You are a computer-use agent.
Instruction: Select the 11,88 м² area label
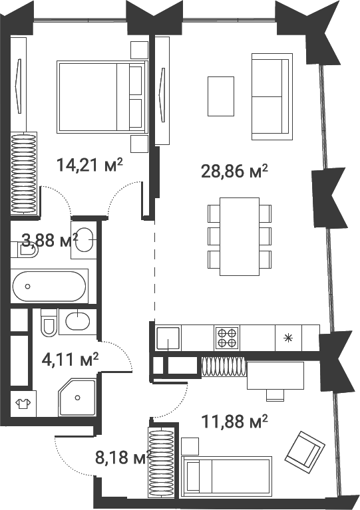click(x=234, y=420)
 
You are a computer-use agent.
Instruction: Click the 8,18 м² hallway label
click(x=120, y=457)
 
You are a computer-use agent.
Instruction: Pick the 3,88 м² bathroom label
click(x=47, y=241)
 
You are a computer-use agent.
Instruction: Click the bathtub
click(x=49, y=287)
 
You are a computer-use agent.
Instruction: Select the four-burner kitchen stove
click(x=226, y=338)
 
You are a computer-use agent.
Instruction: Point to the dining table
click(x=240, y=235)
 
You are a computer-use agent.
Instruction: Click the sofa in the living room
click(x=271, y=98)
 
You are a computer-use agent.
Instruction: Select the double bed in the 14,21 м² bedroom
click(x=102, y=96)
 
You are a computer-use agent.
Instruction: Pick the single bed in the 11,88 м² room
click(x=227, y=475)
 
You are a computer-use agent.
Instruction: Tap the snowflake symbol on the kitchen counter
click(x=288, y=338)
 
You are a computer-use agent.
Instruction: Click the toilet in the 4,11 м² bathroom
click(x=49, y=322)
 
